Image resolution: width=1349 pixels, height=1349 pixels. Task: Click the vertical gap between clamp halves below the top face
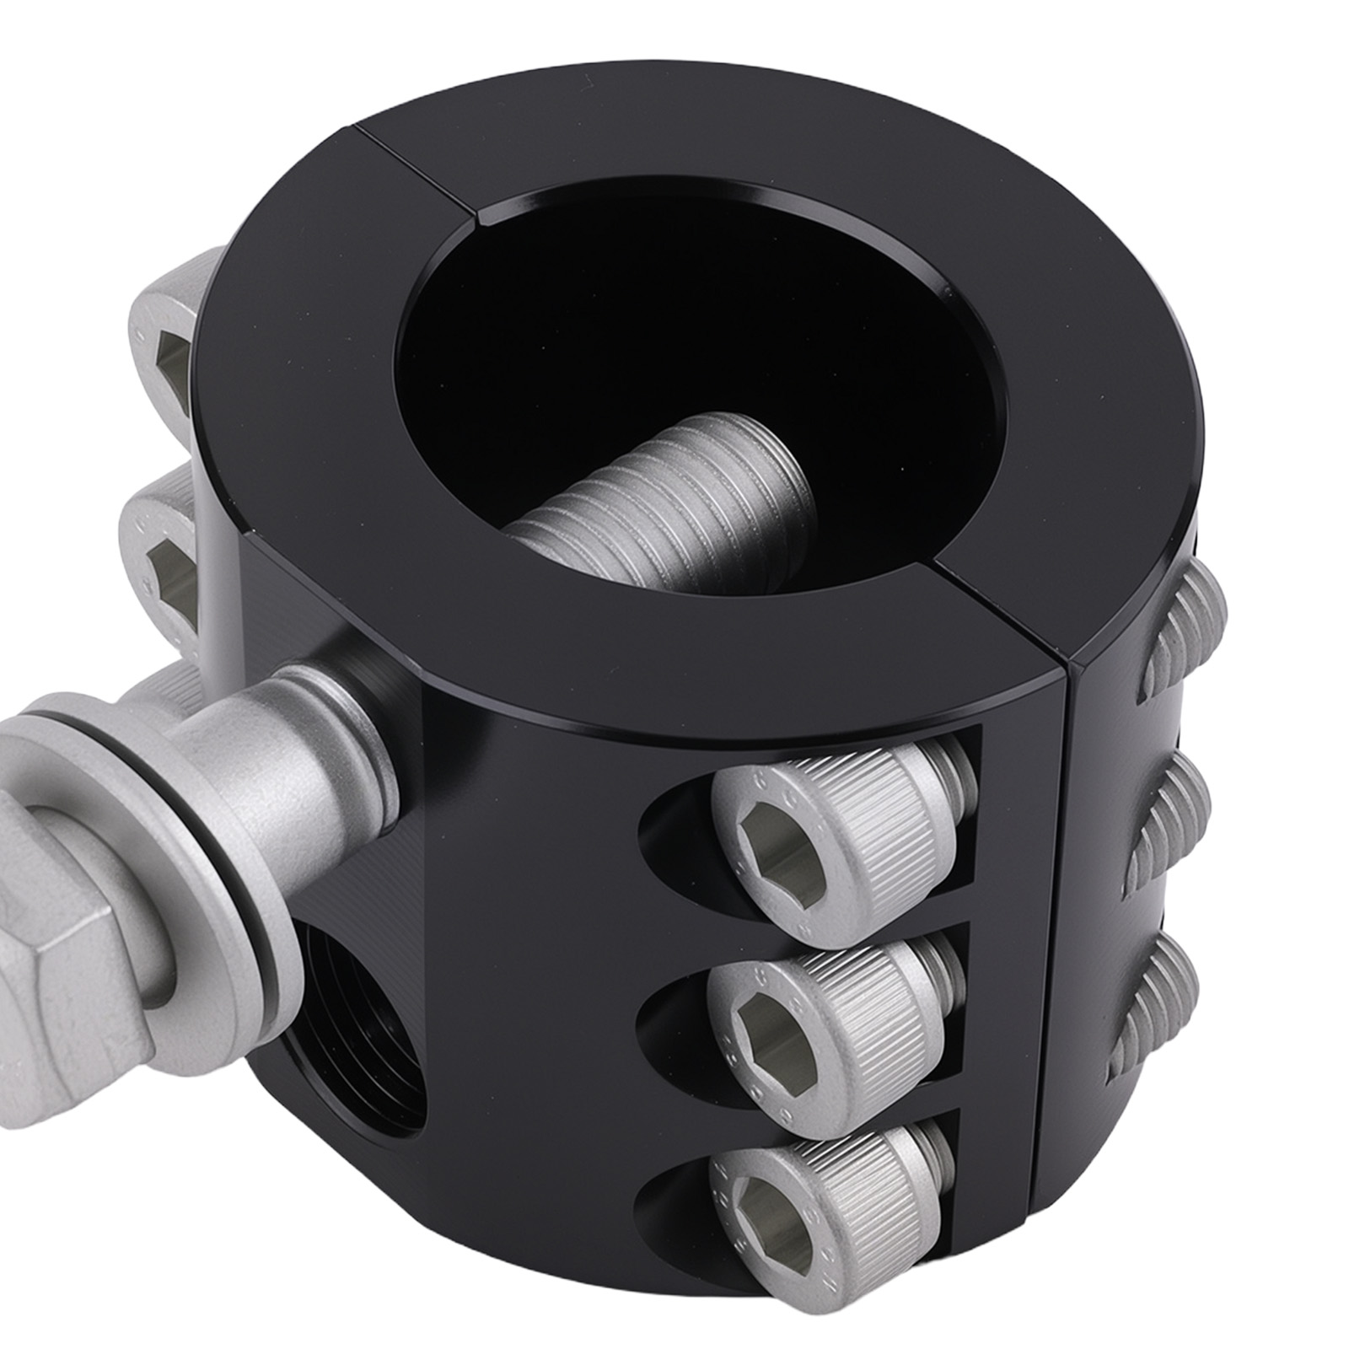1059,970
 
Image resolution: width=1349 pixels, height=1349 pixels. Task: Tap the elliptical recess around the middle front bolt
674,1012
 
